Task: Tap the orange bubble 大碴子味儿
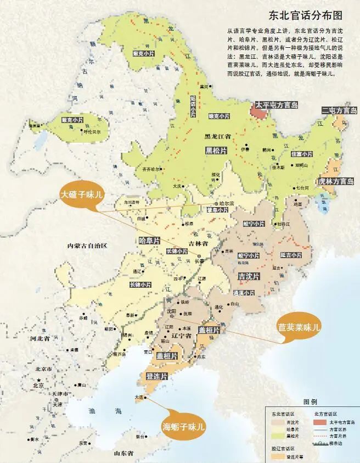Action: point(82,194)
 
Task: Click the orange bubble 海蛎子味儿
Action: point(183,426)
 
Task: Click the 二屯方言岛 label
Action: point(339,110)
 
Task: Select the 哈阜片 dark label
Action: point(149,241)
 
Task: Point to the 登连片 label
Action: point(157,376)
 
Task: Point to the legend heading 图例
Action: point(311,401)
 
